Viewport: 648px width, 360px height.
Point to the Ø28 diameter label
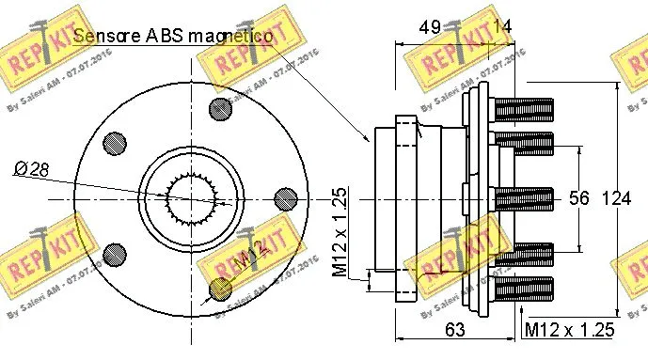(33, 168)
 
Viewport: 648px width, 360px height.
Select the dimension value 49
(431, 27)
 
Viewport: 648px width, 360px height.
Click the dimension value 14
(503, 27)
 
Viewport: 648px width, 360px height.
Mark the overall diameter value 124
(617, 198)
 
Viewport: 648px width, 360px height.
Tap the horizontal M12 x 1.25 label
(569, 329)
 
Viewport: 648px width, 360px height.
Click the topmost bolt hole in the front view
(223, 106)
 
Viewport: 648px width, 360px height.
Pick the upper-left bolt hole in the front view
(115, 142)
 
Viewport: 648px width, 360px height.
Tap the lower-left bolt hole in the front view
(115, 253)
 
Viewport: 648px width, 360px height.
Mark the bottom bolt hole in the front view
(222, 290)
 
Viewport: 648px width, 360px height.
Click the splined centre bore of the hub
(198, 198)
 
